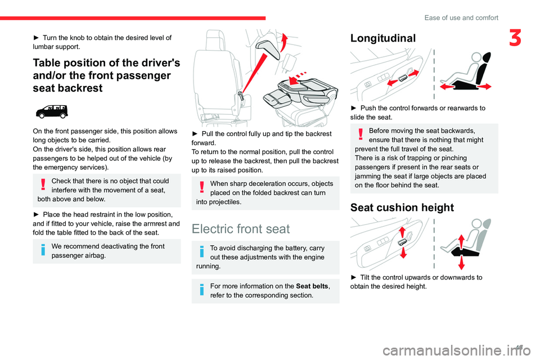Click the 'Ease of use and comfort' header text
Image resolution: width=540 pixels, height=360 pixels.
coord(461,17)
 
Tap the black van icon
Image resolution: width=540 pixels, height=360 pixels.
coord(51,112)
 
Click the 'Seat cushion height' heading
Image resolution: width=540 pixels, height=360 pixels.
coord(402,208)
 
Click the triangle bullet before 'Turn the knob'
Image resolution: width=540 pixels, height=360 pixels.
coord(37,37)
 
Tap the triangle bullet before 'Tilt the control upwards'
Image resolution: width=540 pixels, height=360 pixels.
coord(353,277)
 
